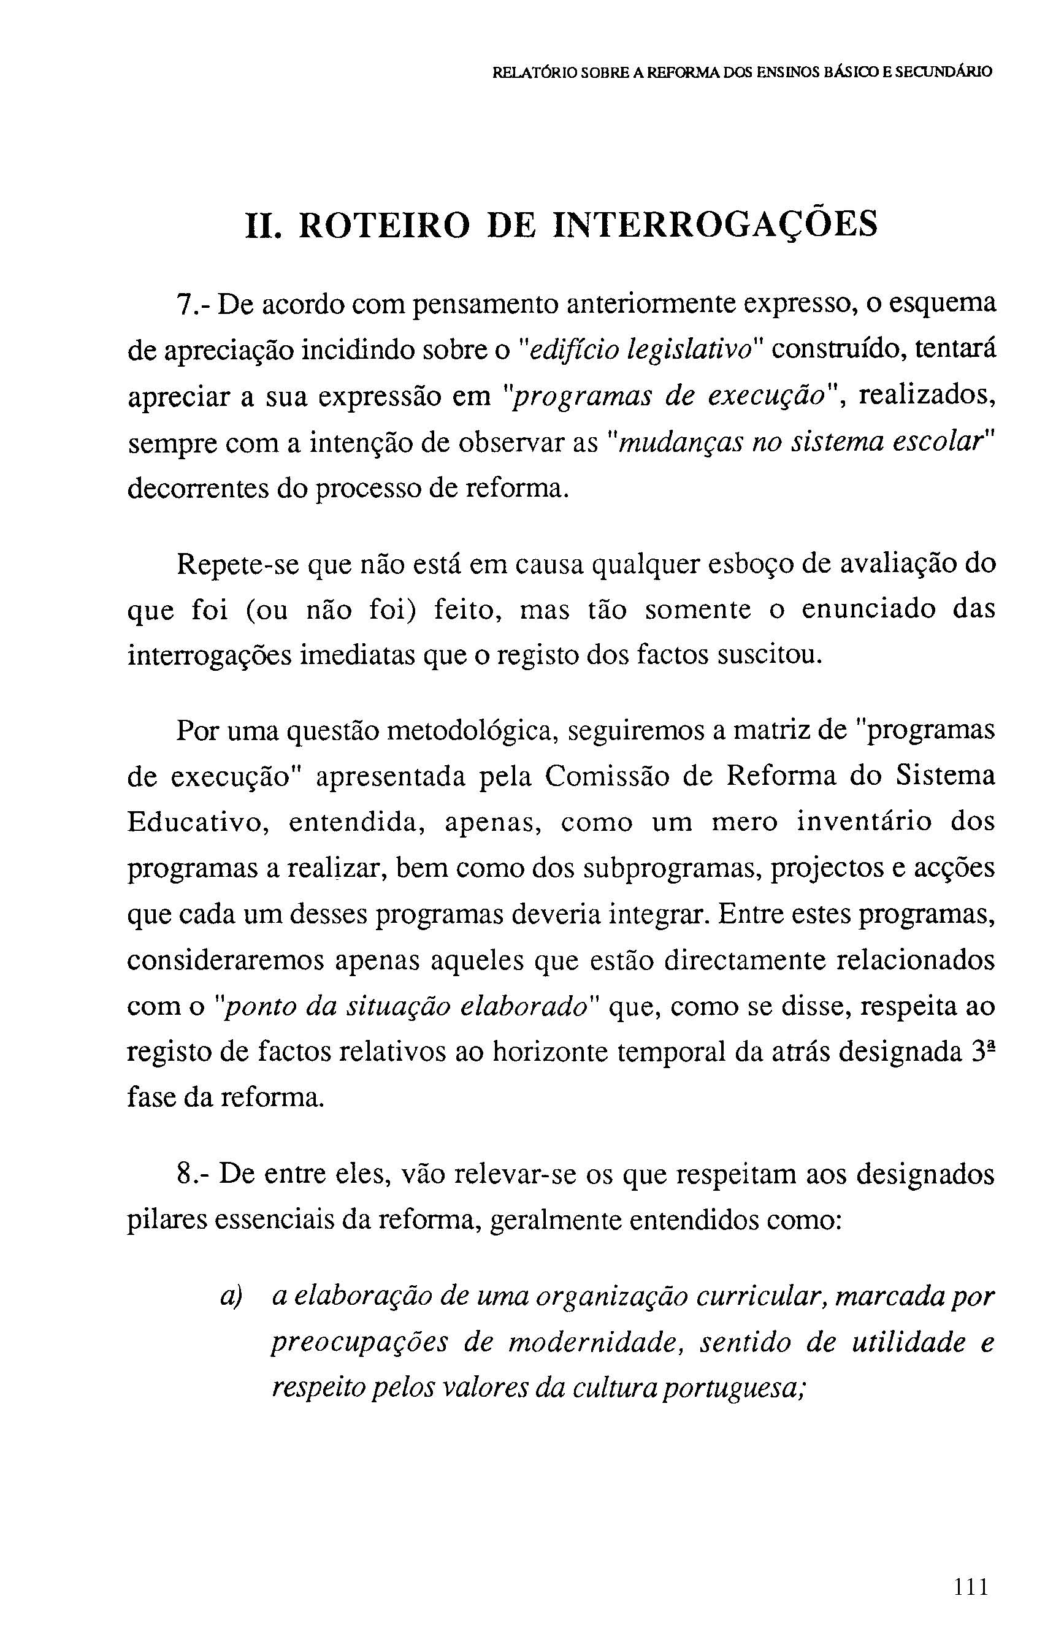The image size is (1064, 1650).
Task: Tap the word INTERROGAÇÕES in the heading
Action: (x=716, y=224)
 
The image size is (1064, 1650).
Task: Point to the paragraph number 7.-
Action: (x=193, y=305)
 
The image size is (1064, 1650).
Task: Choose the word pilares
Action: (x=166, y=1221)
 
